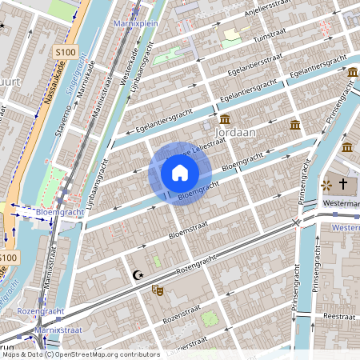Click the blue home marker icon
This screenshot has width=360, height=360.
pos(179,173)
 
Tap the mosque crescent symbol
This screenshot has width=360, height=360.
pos(137,275)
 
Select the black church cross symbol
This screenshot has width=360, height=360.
pos(344,185)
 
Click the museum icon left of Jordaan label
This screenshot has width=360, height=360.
pos(225,118)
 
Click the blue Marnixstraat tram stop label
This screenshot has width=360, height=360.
pos(58,330)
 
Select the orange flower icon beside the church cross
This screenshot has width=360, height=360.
pos(326,185)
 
